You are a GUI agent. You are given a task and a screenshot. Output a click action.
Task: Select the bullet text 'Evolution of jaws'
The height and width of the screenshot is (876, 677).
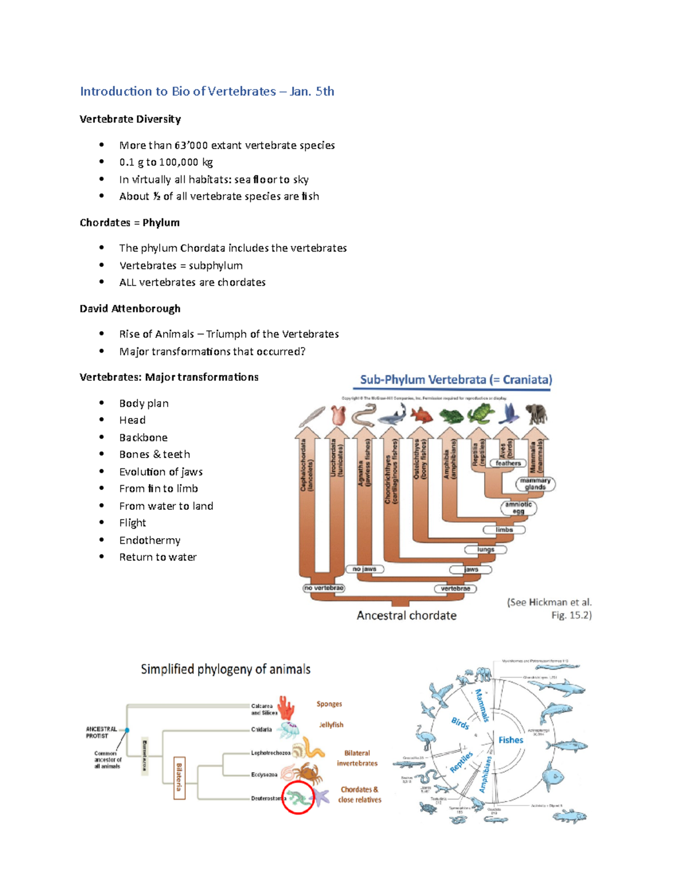[x=161, y=472]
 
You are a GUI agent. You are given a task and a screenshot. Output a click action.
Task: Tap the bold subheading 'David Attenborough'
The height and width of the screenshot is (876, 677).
[x=130, y=309]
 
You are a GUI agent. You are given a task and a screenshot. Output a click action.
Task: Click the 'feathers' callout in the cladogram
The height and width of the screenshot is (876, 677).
[x=508, y=463]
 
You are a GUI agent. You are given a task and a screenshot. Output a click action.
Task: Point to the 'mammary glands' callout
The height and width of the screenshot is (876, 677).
[x=535, y=484]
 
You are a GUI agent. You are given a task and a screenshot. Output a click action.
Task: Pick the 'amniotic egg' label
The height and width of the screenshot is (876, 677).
[x=518, y=508]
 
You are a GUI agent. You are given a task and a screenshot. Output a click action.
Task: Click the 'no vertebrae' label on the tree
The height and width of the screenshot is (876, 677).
[x=324, y=588]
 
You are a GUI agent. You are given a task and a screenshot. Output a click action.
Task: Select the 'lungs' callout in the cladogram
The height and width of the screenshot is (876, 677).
[x=485, y=549]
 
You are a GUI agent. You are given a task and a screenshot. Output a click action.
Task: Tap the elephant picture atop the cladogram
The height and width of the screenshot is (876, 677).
[x=537, y=414]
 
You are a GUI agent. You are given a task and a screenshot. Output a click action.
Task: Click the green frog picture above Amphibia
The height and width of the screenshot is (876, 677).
[x=451, y=416]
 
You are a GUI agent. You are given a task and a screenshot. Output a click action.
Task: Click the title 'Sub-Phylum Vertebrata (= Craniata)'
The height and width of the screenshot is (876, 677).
[x=456, y=380]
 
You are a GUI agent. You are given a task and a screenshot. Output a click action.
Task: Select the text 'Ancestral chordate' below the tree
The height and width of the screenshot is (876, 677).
[x=406, y=615]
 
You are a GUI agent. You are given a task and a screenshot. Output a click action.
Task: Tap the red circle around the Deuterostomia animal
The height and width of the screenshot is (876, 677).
[x=298, y=798]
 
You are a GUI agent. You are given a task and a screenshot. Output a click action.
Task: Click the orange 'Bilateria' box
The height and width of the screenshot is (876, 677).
[x=179, y=778]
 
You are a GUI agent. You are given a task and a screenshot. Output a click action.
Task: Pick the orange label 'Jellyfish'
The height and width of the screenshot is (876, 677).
[x=331, y=725]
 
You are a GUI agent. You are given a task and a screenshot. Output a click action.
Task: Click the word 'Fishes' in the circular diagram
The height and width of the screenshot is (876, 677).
[x=511, y=740]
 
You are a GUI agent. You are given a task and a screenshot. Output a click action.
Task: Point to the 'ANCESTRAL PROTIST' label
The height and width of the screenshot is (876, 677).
[x=102, y=732]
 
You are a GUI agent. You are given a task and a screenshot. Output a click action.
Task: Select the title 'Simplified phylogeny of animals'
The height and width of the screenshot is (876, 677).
[x=226, y=670]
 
